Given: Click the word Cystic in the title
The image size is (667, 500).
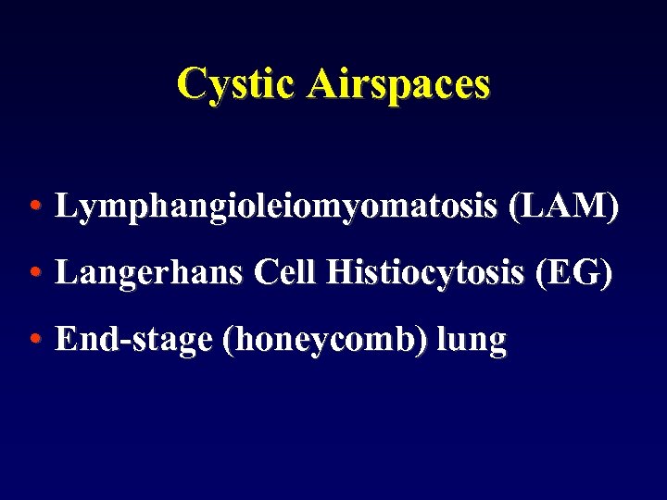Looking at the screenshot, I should pyautogui.click(x=237, y=83).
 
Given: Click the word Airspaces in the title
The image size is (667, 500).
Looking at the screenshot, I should pyautogui.click(x=399, y=83).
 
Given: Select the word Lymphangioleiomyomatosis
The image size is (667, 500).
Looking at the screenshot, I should pyautogui.click(x=277, y=206).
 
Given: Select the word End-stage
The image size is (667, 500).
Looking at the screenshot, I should pyautogui.click(x=134, y=341).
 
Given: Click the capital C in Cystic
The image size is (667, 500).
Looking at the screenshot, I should pyautogui.click(x=191, y=83).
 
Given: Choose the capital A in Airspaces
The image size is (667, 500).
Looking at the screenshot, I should pyautogui.click(x=323, y=83).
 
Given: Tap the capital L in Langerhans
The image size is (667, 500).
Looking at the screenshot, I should pyautogui.click(x=65, y=273).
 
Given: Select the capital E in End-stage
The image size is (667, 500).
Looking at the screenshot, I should pyautogui.click(x=66, y=340).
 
